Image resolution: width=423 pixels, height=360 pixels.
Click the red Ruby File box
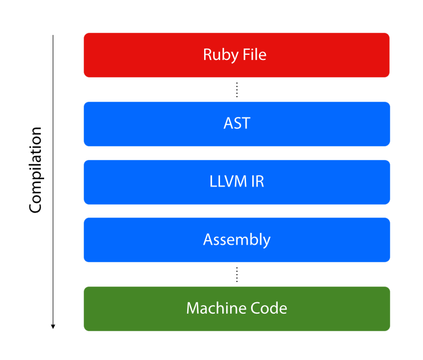coord(236,55)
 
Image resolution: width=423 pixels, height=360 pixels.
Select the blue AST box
coord(237,124)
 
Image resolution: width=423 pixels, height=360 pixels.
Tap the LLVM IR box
coord(237,182)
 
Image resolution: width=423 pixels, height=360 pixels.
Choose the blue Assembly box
coord(237,240)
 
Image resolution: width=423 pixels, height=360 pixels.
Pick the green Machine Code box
coord(237,309)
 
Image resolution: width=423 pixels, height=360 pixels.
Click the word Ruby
coord(221,55)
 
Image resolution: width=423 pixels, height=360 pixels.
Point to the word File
coord(254,54)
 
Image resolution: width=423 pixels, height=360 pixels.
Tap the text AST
coord(237,123)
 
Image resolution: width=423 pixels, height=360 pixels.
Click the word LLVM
coord(228,181)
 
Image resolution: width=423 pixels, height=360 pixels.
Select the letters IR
coord(257,181)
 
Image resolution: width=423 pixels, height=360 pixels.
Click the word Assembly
coord(237,240)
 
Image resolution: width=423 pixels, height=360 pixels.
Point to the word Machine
coord(216,308)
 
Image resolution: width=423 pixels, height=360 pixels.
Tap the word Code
coord(269,308)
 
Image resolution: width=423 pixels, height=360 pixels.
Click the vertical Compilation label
coord(36,170)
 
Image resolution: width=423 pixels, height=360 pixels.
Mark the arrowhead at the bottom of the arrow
coord(53,327)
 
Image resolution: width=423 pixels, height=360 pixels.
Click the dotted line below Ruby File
coord(237,89)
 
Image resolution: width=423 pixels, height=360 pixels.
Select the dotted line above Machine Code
coord(237,275)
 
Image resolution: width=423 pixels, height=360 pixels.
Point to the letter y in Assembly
coord(266,242)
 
